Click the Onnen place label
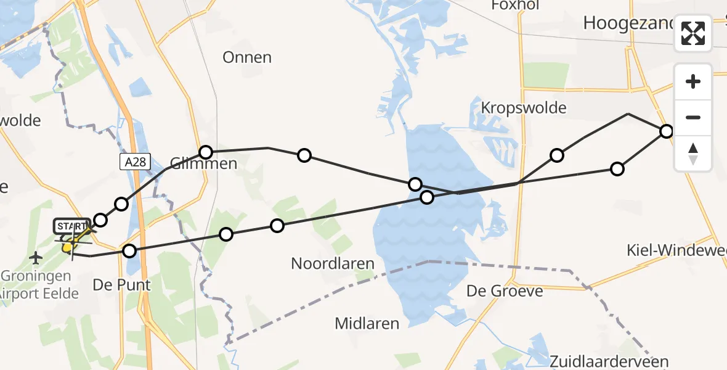click(x=247, y=57)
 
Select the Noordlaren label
click(x=333, y=264)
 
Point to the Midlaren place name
click(x=367, y=323)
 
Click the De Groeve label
click(x=505, y=290)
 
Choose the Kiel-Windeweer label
click(x=676, y=250)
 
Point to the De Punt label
click(x=114, y=286)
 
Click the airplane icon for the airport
click(x=36, y=256)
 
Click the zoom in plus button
click(x=693, y=82)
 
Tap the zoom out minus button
click(x=693, y=117)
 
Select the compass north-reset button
click(x=693, y=154)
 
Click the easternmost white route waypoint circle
click(x=666, y=131)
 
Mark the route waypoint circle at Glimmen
click(x=206, y=152)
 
